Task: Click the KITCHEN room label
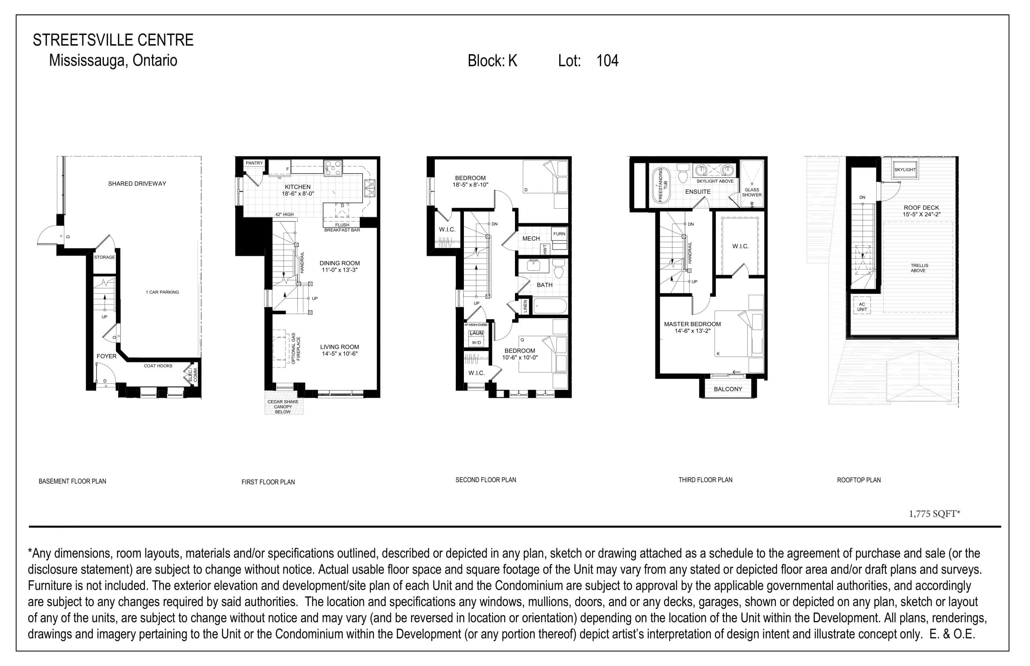click(297, 187)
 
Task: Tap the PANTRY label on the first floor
click(254, 163)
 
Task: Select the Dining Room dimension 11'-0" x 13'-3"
click(339, 270)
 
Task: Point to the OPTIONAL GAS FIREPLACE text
click(296, 348)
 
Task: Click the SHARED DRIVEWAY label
click(137, 183)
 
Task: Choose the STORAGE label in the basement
click(104, 257)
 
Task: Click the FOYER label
click(106, 356)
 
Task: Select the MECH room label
click(531, 238)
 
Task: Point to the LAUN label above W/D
click(476, 333)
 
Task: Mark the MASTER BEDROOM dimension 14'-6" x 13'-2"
click(692, 331)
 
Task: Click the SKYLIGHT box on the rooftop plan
click(904, 170)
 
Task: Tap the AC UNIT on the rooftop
click(861, 306)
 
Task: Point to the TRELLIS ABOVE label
click(919, 268)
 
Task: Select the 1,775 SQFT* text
click(934, 514)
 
